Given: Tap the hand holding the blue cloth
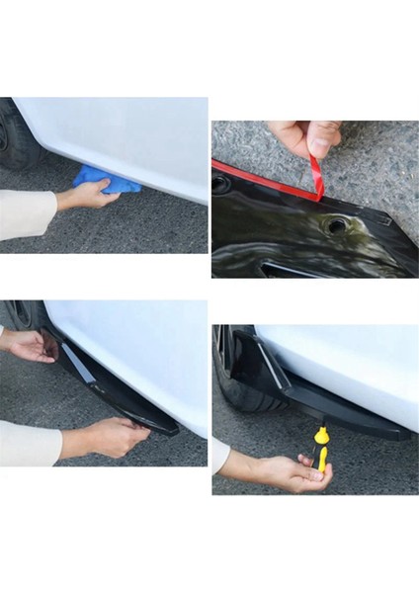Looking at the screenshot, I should pos(89,196).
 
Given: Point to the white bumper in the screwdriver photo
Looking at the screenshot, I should pos(346,366).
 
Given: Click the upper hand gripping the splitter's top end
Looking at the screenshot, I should pos(30,345).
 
